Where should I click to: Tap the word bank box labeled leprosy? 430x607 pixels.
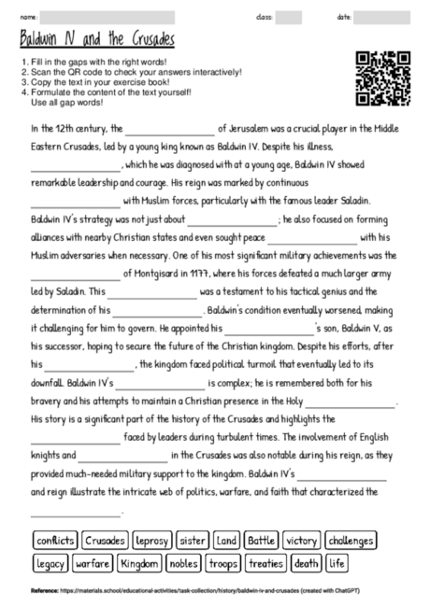pyautogui.click(x=150, y=541)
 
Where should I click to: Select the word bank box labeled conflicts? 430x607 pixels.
pyautogui.click(x=54, y=541)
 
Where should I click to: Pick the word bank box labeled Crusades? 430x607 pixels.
pyautogui.click(x=104, y=541)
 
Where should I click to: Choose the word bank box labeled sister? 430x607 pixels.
pyautogui.click(x=193, y=541)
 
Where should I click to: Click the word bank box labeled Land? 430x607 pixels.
pyautogui.click(x=226, y=541)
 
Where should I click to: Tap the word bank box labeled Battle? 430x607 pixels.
pyautogui.click(x=262, y=541)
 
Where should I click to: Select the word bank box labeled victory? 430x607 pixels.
pyautogui.click(x=302, y=541)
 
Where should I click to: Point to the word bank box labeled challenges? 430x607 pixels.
pyautogui.click(x=351, y=541)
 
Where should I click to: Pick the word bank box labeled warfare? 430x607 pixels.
pyautogui.click(x=93, y=563)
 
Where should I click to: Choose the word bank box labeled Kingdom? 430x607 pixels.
pyautogui.click(x=140, y=563)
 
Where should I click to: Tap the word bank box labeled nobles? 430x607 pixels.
pyautogui.click(x=184, y=563)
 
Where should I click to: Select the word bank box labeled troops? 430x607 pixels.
pyautogui.click(x=223, y=563)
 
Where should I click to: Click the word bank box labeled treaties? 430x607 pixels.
pyautogui.click(x=265, y=563)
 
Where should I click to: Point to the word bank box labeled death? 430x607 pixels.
pyautogui.click(x=306, y=563)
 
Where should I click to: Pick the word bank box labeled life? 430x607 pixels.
pyautogui.click(x=337, y=563)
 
